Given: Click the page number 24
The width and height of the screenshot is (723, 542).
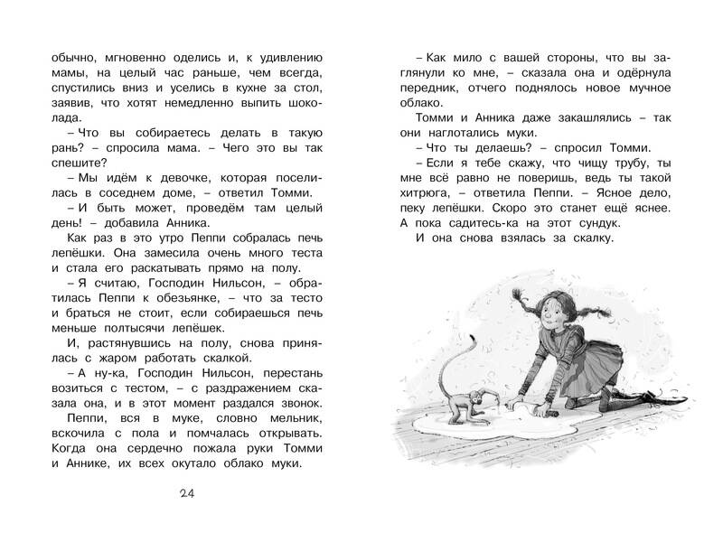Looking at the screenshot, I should tap(187, 491).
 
